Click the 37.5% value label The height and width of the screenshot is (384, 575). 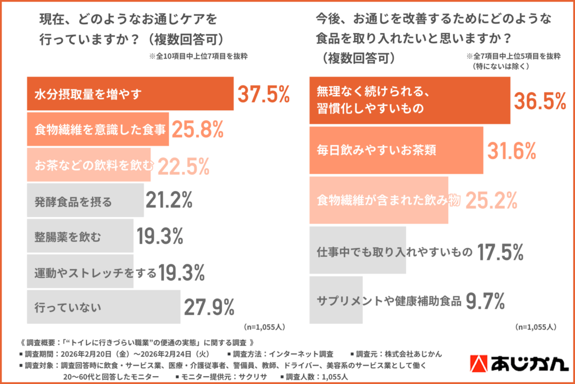pyautogui.click(x=263, y=95)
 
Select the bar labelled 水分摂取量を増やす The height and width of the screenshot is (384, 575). pyautogui.click(x=130, y=94)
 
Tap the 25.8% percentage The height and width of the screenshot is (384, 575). pyautogui.click(x=198, y=130)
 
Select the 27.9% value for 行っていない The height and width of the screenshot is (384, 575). pyautogui.click(x=209, y=307)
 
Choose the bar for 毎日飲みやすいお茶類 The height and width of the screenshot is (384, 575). pyautogui.click(x=396, y=151)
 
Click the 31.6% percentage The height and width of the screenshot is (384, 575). pyautogui.click(x=512, y=151)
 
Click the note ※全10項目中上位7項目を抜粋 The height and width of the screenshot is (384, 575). pyautogui.click(x=198, y=57)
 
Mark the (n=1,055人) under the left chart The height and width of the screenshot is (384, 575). pyautogui.click(x=265, y=326)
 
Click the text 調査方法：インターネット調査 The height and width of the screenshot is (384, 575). pyautogui.click(x=280, y=354)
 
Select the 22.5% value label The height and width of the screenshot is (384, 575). pyautogui.click(x=184, y=166)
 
